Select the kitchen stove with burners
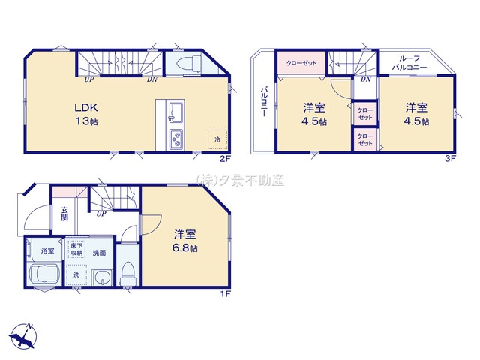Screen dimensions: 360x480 tap(176, 139)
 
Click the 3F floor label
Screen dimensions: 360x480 tap(450, 160)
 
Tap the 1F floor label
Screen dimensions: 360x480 tap(223, 293)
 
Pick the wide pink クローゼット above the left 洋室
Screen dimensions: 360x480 tap(301, 62)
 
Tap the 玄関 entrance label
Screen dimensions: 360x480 tap(64, 214)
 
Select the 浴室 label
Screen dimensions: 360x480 tap(46, 250)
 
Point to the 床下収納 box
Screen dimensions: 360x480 tap(76, 250)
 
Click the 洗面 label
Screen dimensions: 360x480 tap(100, 253)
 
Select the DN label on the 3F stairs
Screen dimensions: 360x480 tap(365, 79)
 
